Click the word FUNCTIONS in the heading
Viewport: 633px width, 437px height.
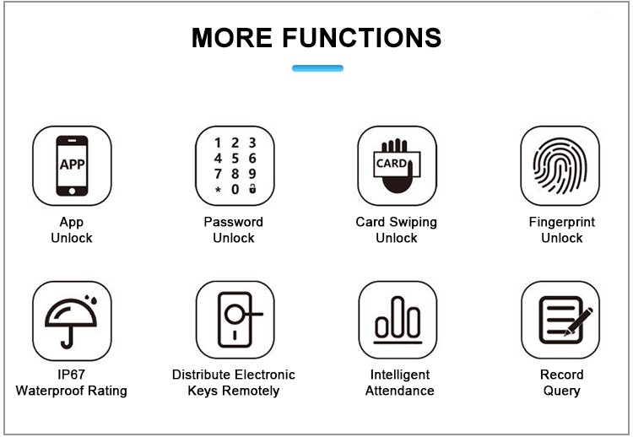(362, 38)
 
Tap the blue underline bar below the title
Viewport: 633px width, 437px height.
(317, 68)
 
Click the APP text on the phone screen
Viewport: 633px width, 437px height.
(73, 165)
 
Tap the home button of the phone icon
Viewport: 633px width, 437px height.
(72, 191)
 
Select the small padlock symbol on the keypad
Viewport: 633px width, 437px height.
(252, 188)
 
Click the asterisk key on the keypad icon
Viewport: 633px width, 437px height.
(218, 190)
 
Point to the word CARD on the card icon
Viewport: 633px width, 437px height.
(391, 164)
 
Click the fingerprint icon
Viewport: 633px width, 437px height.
(560, 165)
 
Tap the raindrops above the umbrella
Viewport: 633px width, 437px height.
(91, 299)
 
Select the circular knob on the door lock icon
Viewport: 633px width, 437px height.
(235, 314)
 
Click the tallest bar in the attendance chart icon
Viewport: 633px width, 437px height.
(398, 316)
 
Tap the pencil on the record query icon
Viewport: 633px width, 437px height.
(578, 321)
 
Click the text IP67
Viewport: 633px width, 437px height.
(72, 375)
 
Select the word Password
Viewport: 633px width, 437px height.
(233, 222)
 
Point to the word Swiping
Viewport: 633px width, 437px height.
(414, 223)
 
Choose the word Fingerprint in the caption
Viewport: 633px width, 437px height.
(562, 223)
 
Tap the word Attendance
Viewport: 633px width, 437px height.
(400, 391)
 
